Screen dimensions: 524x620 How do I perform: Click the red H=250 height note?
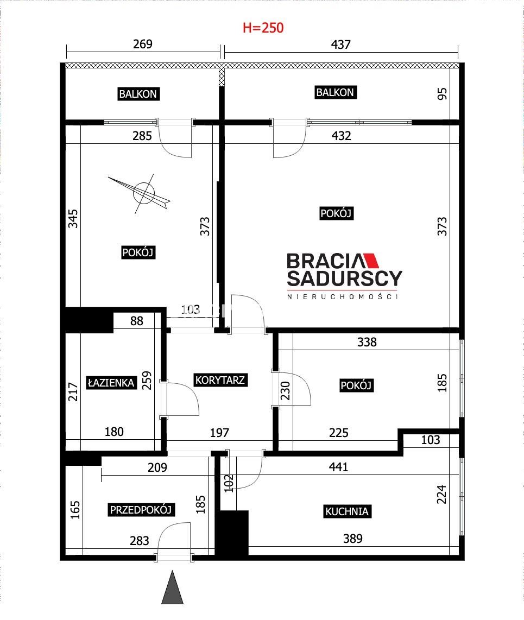coord(263,28)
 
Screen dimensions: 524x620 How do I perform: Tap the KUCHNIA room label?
coord(347,511)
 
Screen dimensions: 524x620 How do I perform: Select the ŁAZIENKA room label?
coord(111,382)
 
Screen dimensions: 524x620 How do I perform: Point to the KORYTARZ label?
coord(220,380)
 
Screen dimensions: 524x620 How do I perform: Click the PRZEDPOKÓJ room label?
coord(141,510)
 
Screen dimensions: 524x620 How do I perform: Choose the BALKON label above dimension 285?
coord(138,94)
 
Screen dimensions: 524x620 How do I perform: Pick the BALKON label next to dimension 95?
coord(335,92)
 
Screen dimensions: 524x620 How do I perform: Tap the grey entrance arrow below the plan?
coord(173,587)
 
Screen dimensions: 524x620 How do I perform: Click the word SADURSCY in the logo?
coord(344,279)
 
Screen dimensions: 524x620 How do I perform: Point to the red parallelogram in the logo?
coord(371,261)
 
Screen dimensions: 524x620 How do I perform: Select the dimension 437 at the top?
coord(341,45)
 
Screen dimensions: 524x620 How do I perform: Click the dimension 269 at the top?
coord(143,44)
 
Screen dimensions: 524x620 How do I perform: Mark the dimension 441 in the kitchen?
coord(338,467)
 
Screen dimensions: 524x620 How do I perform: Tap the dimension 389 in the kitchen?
coord(353,539)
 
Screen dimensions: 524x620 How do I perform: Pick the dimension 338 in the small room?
coord(367,342)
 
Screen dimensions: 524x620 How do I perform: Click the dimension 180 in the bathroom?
coord(114,432)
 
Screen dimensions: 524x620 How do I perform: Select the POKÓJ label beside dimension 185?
coord(356,385)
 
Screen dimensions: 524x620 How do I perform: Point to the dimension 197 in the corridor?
coord(219,433)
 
